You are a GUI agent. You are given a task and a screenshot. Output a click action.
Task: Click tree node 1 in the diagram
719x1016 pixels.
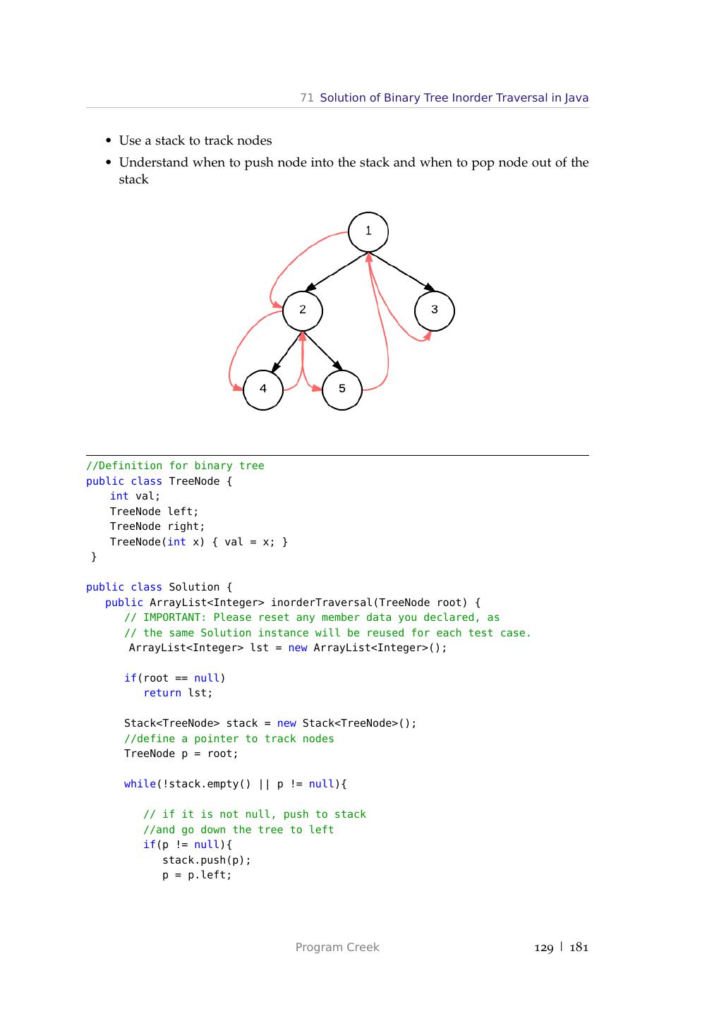pos(368,231)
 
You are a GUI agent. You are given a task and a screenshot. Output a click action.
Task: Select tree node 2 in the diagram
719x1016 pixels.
pos(303,310)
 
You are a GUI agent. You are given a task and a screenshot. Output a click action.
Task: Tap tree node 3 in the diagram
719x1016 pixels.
pos(435,310)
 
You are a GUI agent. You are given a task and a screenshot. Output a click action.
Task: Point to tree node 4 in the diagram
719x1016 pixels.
pos(263,389)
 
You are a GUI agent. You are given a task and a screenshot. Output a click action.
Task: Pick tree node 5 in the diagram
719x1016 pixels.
pos(342,389)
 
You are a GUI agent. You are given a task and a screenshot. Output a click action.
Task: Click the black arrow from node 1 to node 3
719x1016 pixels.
pos(402,272)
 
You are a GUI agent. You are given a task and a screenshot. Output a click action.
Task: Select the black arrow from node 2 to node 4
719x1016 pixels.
pos(286,352)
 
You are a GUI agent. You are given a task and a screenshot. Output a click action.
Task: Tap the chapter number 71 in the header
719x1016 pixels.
pos(307,98)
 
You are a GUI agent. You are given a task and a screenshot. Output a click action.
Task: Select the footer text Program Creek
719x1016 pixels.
pos(337,948)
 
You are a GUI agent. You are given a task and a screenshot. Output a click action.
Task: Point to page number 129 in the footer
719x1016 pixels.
pos(544,948)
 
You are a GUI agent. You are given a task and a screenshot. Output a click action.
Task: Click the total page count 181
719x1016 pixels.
pos(579,948)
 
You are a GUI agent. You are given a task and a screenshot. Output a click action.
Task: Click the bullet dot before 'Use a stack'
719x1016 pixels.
pos(109,141)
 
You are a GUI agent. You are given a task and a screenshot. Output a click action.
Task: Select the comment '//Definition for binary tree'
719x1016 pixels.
pos(175,466)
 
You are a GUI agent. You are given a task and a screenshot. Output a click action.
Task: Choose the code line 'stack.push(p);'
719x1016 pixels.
pos(207,860)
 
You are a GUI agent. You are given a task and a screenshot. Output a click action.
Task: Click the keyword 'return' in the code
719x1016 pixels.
pos(162,693)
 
